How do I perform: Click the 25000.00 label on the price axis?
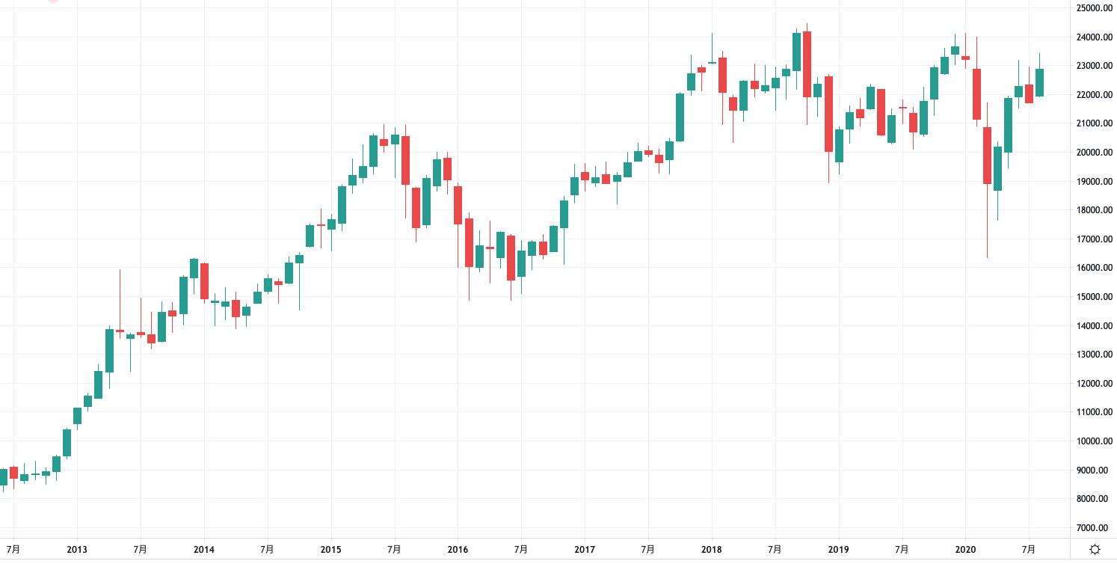coord(1090,8)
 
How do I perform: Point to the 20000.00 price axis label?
coord(1090,153)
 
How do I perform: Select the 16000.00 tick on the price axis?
coord(1090,268)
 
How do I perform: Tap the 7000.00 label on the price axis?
coord(1090,528)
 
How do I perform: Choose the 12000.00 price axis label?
coord(1090,384)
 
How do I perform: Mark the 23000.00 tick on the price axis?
coord(1090,66)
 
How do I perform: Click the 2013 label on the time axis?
coord(76,550)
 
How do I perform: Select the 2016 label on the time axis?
coord(458,550)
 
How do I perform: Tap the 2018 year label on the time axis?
coord(712,550)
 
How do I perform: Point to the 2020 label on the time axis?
coord(965,550)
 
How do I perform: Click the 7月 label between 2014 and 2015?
coord(267,550)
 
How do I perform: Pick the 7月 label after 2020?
coord(1029,550)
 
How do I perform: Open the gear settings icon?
coord(1095,550)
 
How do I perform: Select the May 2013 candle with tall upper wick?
coord(120,330)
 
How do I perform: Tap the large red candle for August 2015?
coord(405,160)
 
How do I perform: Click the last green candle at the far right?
coord(1039,82)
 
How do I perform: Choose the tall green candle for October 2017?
coord(680,117)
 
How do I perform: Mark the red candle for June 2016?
coord(511,258)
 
